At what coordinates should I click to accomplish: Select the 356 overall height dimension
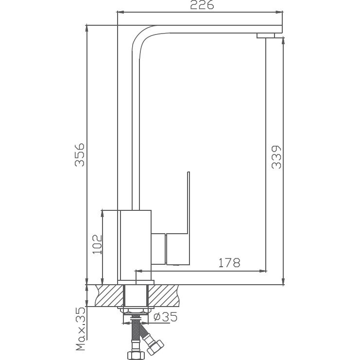tap(80, 154)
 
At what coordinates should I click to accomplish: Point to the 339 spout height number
tap(276, 157)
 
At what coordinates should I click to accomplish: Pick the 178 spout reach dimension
tap(229, 263)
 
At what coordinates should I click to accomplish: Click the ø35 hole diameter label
tap(165, 317)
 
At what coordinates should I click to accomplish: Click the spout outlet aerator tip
tap(266, 35)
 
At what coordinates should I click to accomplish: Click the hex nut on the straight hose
tap(135, 354)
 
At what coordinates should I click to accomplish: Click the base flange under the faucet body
tap(136, 282)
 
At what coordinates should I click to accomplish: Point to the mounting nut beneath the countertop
tap(136, 310)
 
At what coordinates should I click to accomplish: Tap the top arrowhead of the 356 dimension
tap(86, 27)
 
